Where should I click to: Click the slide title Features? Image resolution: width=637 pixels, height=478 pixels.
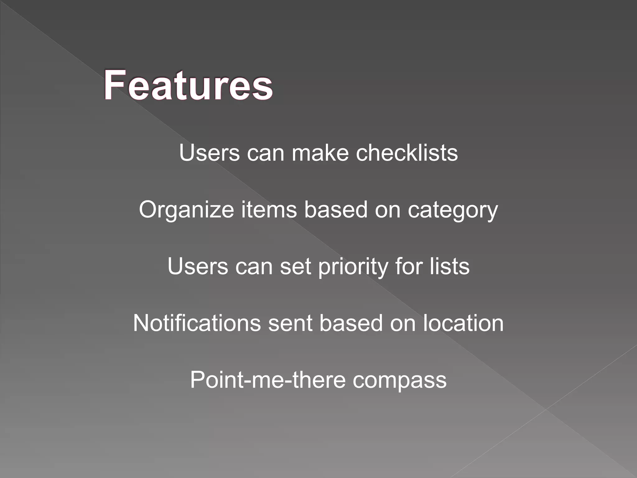188,85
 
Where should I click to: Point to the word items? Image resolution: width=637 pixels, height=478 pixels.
269,209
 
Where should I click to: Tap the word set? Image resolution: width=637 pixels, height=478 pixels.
295,267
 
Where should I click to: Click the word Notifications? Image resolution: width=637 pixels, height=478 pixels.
197,323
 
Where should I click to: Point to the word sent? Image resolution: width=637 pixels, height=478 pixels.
290,323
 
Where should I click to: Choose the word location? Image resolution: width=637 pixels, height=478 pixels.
463,323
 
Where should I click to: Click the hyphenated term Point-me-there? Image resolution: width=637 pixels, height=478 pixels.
268,380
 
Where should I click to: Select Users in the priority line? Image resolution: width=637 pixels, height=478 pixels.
198,266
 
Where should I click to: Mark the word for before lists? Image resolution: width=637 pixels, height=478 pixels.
409,266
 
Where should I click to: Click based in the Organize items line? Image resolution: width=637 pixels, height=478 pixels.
336,209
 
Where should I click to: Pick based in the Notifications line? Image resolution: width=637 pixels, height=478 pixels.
351,323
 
